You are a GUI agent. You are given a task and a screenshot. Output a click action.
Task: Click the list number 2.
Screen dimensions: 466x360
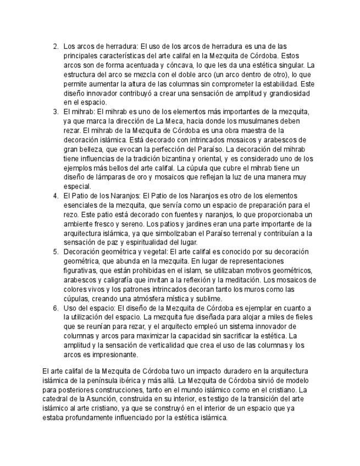[56, 46]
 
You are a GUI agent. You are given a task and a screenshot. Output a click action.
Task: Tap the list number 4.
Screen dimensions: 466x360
[56, 196]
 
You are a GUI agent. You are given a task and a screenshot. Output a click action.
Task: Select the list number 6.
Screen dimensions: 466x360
[56, 308]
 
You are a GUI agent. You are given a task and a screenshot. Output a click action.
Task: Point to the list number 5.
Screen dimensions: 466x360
[56, 252]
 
